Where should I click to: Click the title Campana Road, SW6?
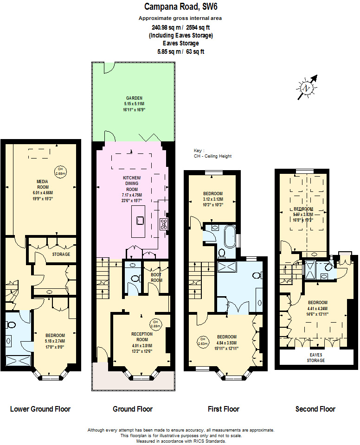180,6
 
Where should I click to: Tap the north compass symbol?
306,88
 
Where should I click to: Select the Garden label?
134,98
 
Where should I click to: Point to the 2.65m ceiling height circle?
60,171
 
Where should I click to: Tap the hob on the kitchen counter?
163,224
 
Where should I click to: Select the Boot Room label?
156,278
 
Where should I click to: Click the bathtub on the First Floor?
229,236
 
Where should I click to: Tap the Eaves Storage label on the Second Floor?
317,357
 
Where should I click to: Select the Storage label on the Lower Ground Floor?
61,254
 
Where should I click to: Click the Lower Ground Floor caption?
40,409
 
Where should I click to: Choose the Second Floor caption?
315,409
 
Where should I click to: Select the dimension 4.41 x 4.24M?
317,308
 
